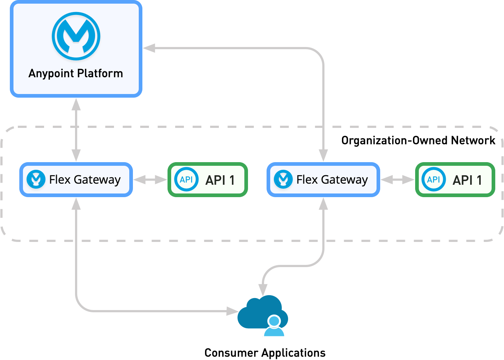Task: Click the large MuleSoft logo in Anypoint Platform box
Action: pyautogui.click(x=76, y=36)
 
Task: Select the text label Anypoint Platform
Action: pyautogui.click(x=76, y=73)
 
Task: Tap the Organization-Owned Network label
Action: pyautogui.click(x=418, y=140)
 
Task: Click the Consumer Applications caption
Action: pyautogui.click(x=265, y=353)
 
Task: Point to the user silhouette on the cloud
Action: pyautogui.click(x=274, y=326)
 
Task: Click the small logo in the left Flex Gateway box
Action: pyautogui.click(x=36, y=179)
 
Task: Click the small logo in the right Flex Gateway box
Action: pyautogui.click(x=283, y=179)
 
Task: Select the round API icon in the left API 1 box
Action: pyautogui.click(x=186, y=179)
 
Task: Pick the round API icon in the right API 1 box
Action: pyautogui.click(x=433, y=179)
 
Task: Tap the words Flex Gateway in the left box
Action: pyautogui.click(x=85, y=180)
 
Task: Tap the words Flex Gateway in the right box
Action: pyautogui.click(x=332, y=180)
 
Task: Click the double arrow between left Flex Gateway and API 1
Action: pyautogui.click(x=150, y=180)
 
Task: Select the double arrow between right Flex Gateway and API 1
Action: pyautogui.click(x=397, y=180)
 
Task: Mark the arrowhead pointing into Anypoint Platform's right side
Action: pyautogui.click(x=149, y=48)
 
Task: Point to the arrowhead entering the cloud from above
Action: pyautogui.click(x=263, y=290)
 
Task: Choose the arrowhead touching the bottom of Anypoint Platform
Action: pyautogui.click(x=76, y=105)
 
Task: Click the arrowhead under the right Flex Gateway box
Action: pyautogui.click(x=323, y=204)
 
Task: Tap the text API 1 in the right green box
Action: pyautogui.click(x=467, y=180)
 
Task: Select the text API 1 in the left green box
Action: pyautogui.click(x=220, y=180)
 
